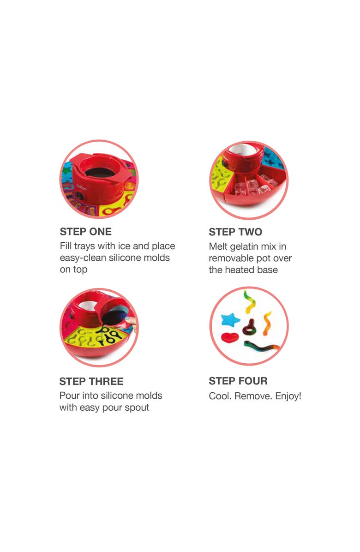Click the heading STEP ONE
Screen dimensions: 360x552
point(85,232)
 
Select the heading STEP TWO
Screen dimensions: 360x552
point(235,232)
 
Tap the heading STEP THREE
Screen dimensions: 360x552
point(91,381)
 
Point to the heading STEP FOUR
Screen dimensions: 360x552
point(238,381)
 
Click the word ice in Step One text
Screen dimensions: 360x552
point(124,246)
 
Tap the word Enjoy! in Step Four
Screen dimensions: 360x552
point(288,396)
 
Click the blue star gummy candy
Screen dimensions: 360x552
point(230,320)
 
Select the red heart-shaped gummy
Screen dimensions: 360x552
point(229,337)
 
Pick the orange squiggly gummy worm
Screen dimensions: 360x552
point(267,323)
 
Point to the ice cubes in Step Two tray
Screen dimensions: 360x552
point(252,187)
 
